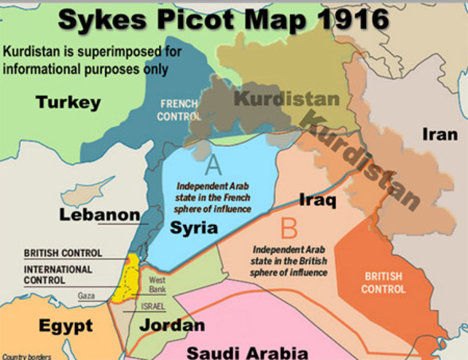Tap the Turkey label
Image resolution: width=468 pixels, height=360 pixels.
(x=67, y=103)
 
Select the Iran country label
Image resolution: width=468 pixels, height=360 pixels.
(x=440, y=135)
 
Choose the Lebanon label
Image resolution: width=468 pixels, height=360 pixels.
(x=100, y=216)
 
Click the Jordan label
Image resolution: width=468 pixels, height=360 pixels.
(x=172, y=325)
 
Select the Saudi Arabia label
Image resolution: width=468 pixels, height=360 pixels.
(x=247, y=351)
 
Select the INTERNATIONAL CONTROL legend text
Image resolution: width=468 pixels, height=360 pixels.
(x=58, y=274)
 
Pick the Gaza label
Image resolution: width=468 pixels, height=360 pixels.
(x=87, y=296)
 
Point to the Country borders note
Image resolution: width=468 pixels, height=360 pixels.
(x=26, y=355)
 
